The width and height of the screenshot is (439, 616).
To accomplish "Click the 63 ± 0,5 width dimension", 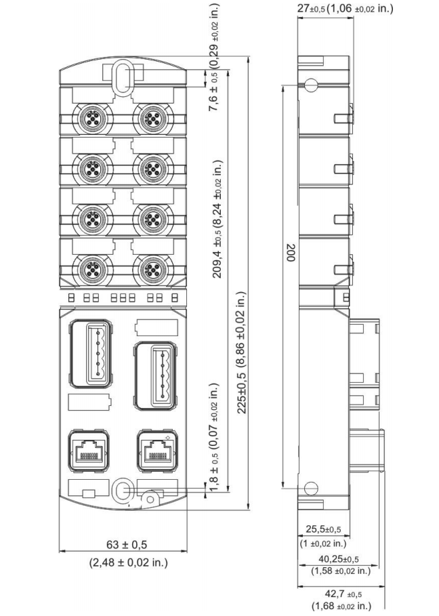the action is (127, 544).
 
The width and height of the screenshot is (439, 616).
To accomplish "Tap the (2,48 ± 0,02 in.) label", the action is (129, 562).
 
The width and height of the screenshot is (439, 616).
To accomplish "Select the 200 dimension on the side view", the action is (291, 253).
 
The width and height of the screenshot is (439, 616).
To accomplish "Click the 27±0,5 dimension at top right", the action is (311, 9).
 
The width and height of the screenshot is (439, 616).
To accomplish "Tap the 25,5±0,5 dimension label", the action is (324, 529).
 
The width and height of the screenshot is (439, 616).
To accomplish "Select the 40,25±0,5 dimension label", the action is (339, 558).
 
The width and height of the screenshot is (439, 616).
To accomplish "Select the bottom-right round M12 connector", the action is (152, 270).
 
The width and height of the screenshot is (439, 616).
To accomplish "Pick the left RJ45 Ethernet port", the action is (89, 450).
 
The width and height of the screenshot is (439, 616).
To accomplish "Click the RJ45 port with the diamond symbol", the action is (158, 450).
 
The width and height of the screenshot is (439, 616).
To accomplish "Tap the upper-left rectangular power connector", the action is (91, 352).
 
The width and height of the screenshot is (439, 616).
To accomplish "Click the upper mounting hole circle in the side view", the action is (311, 85).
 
